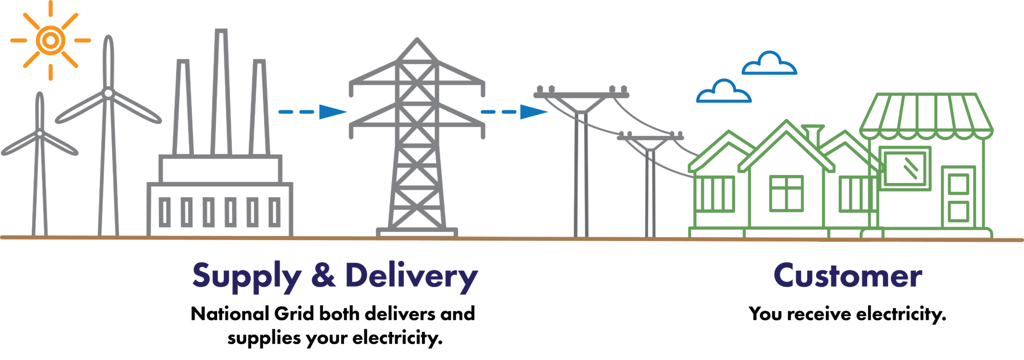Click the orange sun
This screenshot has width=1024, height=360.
click(x=50, y=40)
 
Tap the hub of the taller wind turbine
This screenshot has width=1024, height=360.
click(x=108, y=93)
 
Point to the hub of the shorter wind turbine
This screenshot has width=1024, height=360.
click(x=39, y=133)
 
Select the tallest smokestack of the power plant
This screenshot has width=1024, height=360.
click(x=221, y=92)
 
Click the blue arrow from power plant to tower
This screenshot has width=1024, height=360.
click(x=312, y=112)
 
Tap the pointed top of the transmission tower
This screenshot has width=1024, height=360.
click(x=416, y=39)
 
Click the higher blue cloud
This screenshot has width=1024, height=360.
click(x=769, y=63)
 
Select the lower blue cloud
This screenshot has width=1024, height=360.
click(x=723, y=91)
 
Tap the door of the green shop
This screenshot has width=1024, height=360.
click(x=958, y=197)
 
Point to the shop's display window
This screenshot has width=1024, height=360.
click(x=904, y=168)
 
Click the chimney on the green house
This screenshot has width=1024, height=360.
click(x=812, y=133)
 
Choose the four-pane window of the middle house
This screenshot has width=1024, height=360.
click(x=786, y=193)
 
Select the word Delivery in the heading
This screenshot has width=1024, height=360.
click(x=411, y=276)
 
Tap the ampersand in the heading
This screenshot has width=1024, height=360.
click(x=323, y=274)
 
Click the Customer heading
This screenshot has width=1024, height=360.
click(x=847, y=275)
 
